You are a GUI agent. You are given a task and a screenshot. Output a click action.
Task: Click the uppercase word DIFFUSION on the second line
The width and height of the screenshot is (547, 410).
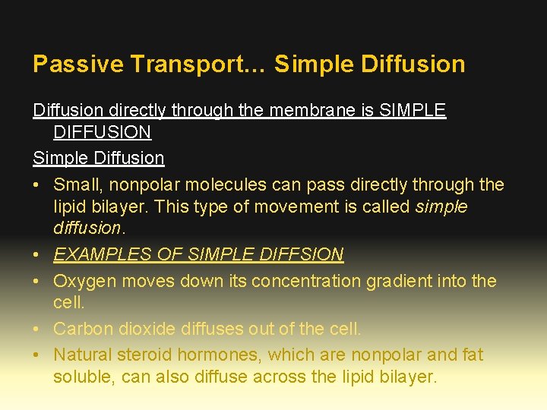(102, 132)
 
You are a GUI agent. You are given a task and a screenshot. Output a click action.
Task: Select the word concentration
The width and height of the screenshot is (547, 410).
(305, 281)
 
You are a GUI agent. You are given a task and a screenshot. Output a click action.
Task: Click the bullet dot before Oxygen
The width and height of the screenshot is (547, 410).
(37, 281)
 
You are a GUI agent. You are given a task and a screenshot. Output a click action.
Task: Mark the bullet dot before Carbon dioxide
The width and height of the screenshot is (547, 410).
(37, 329)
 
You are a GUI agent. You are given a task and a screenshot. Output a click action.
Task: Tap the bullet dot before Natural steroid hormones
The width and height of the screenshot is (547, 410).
(37, 355)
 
